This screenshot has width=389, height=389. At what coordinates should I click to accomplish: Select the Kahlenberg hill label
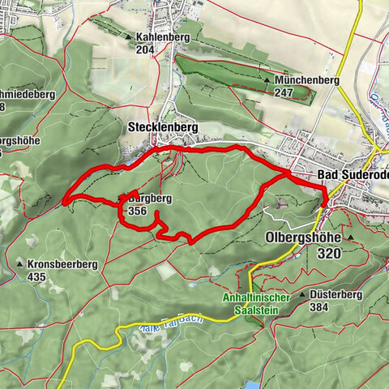coord(157,37)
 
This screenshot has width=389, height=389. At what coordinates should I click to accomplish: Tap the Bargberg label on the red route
coord(146,198)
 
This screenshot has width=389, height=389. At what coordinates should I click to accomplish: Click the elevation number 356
coord(137,211)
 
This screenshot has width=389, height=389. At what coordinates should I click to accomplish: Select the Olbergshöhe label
coord(304,238)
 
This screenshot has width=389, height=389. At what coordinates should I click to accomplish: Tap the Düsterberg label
coord(333,296)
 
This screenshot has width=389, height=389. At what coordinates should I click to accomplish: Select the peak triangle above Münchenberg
coord(267,81)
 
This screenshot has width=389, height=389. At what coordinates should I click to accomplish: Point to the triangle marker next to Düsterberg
coord(302,296)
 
